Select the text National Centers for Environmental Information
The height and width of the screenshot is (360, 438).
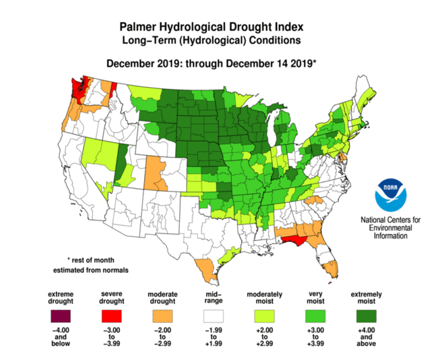391,228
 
